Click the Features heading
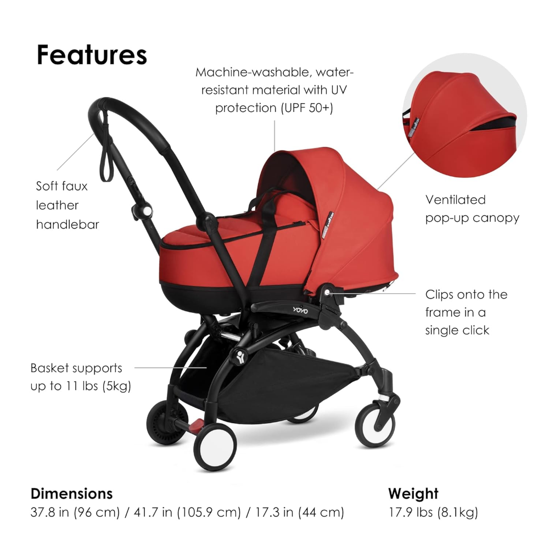(x=92, y=55)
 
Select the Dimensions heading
(x=71, y=493)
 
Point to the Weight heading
(x=413, y=493)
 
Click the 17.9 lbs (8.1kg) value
(x=433, y=513)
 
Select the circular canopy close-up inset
(x=464, y=124)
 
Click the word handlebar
(x=68, y=225)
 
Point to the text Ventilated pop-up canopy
(x=472, y=209)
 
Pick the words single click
(x=457, y=330)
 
